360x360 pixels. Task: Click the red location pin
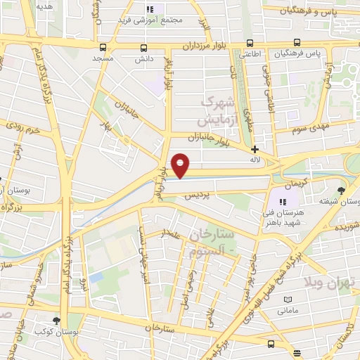(x=181, y=165)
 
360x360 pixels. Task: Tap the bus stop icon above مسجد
(x=104, y=48)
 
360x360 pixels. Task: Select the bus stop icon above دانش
(x=144, y=48)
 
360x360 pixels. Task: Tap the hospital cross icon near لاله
(x=255, y=149)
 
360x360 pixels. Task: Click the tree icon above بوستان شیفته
(x=342, y=190)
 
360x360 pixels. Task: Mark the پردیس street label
(x=198, y=196)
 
